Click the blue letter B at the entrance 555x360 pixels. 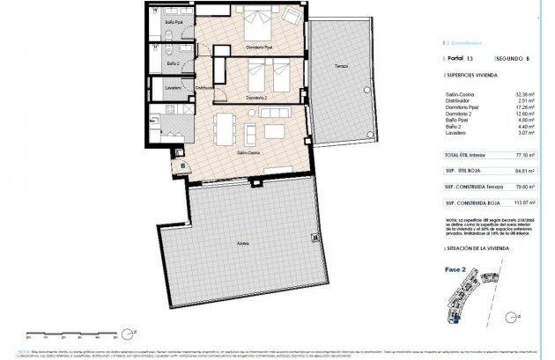click(181, 163)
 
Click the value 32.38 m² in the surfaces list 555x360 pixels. click(524, 92)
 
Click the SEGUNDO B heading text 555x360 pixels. click(512, 59)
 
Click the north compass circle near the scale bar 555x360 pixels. click(128, 332)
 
